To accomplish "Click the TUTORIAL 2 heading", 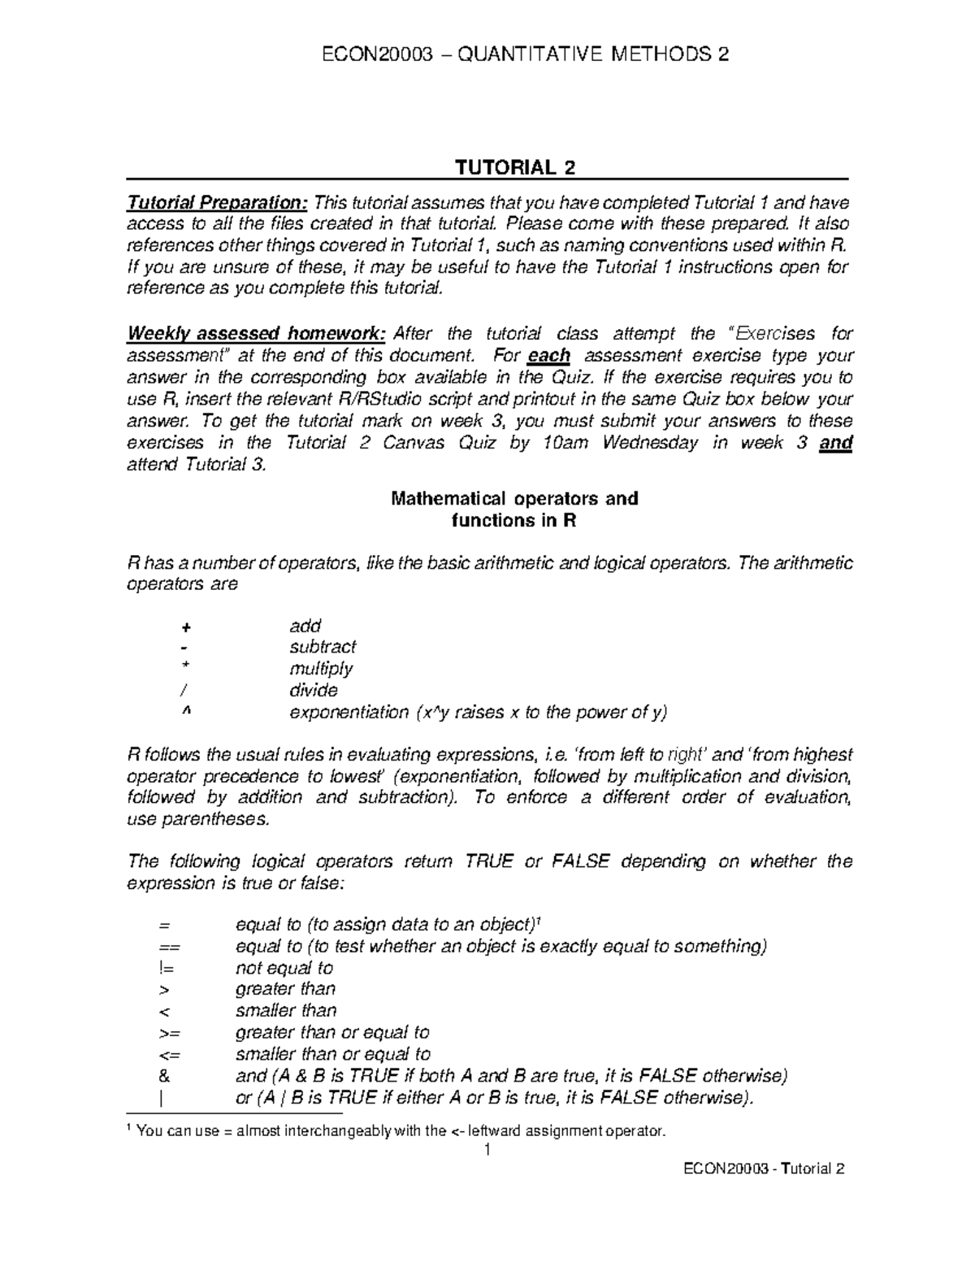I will point(515,167).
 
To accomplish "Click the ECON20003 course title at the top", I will point(525,54).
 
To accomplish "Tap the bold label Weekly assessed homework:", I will point(256,334).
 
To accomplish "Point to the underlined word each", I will point(548,356).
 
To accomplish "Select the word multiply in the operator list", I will point(321,669).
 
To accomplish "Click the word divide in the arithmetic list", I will point(314,691).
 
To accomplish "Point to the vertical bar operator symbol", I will point(163,1098).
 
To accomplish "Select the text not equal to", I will point(284,968).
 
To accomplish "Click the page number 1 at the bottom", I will point(487,1150).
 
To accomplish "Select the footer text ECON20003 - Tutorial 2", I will point(764,1169).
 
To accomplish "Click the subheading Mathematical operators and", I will point(514,498).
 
